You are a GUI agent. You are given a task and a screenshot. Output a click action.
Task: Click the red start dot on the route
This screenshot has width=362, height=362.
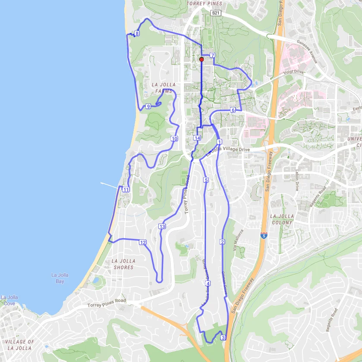pyautogui.click(x=201, y=60)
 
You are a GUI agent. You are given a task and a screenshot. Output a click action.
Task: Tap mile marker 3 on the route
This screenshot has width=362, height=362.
pyautogui.click(x=223, y=337)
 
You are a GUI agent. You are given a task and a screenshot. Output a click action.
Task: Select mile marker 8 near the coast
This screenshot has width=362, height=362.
pyautogui.click(x=137, y=34)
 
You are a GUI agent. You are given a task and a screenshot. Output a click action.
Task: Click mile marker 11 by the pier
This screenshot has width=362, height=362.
pyautogui.click(x=126, y=190)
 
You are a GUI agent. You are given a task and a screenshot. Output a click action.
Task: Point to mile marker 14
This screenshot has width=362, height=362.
pyautogui.click(x=197, y=138)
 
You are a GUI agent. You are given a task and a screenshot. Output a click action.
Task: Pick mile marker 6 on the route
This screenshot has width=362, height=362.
pyautogui.click(x=233, y=110)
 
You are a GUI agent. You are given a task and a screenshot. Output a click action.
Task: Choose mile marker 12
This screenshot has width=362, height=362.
pyautogui.click(x=142, y=242)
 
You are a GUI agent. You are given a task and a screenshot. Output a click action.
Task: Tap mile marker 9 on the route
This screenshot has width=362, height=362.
pyautogui.click(x=148, y=107)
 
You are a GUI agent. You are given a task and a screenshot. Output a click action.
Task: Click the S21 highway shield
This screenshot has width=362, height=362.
pyautogui.click(x=216, y=13)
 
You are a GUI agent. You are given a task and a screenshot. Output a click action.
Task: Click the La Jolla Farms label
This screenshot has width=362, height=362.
pyautogui.click(x=162, y=88)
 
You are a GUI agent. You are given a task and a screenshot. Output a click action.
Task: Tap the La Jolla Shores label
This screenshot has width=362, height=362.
pyautogui.click(x=123, y=264)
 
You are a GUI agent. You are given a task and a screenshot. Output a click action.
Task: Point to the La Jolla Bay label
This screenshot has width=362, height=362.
pyautogui.click(x=57, y=278)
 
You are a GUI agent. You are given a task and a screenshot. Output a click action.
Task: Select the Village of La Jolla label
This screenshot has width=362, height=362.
pyautogui.click(x=19, y=345)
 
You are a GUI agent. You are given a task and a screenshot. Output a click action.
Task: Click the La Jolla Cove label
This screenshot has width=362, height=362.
pyautogui.click(x=9, y=300)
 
